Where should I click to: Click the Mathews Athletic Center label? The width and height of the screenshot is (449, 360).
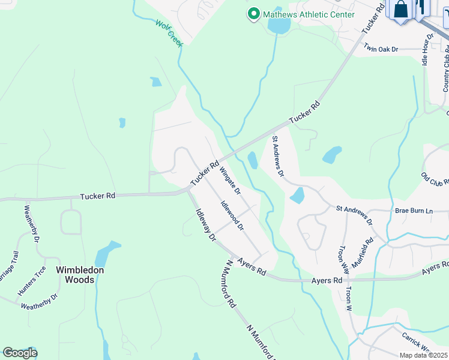pos(309,14)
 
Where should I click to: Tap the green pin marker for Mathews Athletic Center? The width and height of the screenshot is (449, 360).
pos(253,14)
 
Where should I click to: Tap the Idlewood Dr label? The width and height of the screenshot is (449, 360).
pos(231,216)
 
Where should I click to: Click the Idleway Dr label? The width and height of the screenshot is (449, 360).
pos(205,224)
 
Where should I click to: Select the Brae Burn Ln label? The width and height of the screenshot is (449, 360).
pos(414,211)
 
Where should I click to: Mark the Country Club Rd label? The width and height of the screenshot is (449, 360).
pos(445,73)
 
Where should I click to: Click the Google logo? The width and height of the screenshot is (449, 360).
pos(20,353)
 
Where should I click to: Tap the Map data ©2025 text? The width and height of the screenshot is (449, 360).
pos(423,355)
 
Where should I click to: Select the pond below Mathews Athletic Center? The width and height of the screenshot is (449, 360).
pos(278,26)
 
